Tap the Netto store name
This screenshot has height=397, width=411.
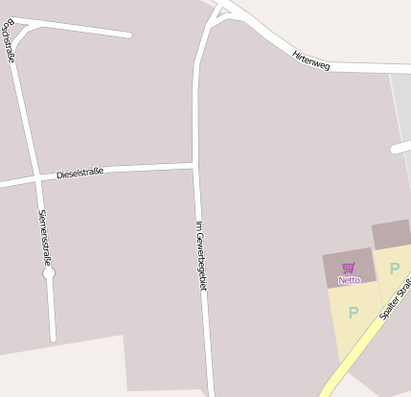click(x=349, y=280)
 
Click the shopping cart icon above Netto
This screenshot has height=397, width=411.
click(x=349, y=269)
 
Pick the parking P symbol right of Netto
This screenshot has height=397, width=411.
click(x=394, y=269)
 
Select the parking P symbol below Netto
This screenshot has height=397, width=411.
click(x=353, y=313)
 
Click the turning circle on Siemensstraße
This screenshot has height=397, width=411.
click(x=49, y=273)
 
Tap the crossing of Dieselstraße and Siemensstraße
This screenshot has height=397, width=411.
click(x=36, y=178)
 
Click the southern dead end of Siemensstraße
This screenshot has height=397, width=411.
click(x=53, y=338)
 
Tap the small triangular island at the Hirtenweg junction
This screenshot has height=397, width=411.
click(x=222, y=12)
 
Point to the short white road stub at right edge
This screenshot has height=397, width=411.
click(x=401, y=147)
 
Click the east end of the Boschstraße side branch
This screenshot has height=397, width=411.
click(x=128, y=35)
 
